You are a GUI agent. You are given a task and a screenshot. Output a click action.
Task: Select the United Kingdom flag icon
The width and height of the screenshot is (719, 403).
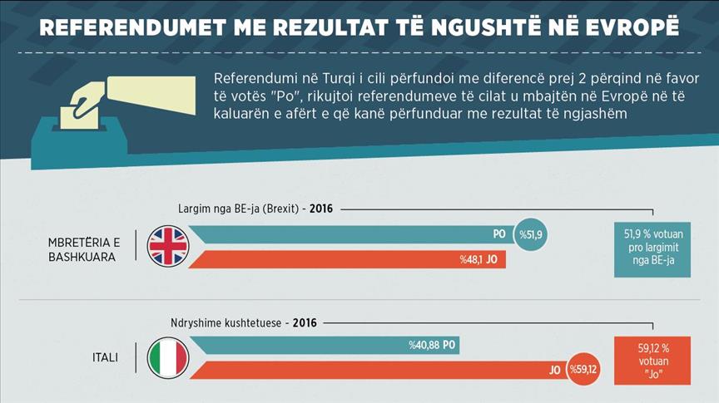[168, 247]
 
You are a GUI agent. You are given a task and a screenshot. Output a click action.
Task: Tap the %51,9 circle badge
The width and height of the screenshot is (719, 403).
[533, 235]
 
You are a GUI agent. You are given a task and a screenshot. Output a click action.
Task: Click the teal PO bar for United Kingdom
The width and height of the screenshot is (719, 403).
[350, 235]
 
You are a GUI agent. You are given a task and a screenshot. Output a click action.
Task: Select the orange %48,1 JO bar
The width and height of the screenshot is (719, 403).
[350, 259]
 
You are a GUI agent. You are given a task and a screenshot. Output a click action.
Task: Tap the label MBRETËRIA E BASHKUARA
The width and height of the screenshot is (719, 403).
[84, 249]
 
